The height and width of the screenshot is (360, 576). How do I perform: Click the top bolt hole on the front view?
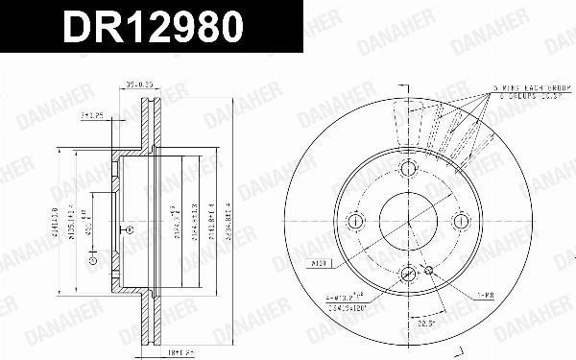point(407,169)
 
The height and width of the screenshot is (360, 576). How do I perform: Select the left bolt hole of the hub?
point(355,221)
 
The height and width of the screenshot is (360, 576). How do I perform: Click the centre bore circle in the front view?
point(407,221)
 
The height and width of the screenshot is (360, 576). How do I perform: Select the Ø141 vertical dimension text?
point(57,221)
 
